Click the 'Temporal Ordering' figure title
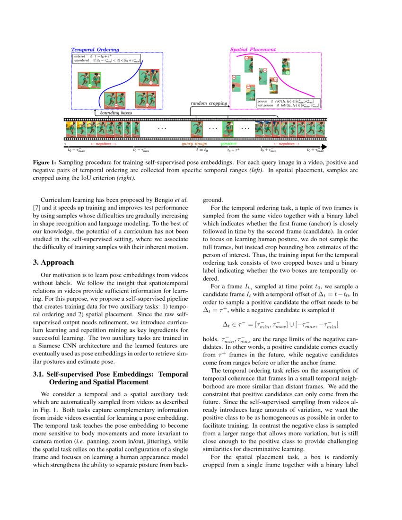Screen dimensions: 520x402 [x=95, y=49]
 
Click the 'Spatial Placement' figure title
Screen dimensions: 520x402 [x=253, y=49]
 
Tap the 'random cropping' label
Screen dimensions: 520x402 [x=209, y=103]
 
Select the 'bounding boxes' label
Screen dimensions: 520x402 [x=116, y=113]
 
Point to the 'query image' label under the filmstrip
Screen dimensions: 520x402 [x=194, y=143]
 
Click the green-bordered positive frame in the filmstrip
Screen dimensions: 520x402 [x=228, y=129]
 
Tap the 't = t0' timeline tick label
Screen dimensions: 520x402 [x=202, y=150]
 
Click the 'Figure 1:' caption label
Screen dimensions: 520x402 [x=44, y=162]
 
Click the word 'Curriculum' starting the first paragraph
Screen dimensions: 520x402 [x=56, y=199]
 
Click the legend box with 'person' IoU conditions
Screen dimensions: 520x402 [x=288, y=103]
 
